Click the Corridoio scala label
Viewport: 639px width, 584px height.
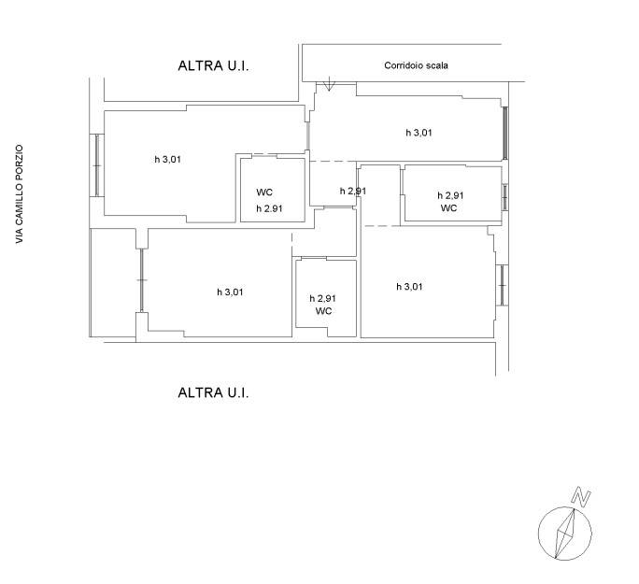pos(416,65)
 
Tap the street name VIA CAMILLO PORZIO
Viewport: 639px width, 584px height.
pos(20,194)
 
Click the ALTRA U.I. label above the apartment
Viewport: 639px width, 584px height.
pos(213,66)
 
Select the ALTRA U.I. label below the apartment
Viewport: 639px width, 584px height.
pos(213,392)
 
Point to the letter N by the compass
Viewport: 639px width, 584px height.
pos(581,497)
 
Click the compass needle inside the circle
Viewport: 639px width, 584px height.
pos(565,533)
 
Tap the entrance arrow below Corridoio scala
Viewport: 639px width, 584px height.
pos(329,84)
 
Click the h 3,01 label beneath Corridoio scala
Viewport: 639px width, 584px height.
pos(419,133)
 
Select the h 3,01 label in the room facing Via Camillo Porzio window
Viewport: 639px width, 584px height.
pos(167,160)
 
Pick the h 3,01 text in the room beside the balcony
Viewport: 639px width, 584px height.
pos(230,292)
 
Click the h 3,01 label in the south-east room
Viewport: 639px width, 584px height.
pos(409,287)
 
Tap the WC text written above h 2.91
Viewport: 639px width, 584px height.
pos(264,192)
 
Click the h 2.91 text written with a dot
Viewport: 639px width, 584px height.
pos(269,208)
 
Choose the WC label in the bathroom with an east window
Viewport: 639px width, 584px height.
pos(448,208)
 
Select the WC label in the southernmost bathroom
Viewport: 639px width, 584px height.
pos(323,311)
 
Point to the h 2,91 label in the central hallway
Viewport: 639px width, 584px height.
pos(353,192)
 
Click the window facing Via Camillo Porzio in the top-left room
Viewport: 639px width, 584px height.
pos(97,165)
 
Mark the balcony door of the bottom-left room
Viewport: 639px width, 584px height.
pos(142,280)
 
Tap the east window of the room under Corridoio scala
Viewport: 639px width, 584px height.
pos(505,133)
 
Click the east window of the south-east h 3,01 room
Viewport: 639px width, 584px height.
pos(502,285)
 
